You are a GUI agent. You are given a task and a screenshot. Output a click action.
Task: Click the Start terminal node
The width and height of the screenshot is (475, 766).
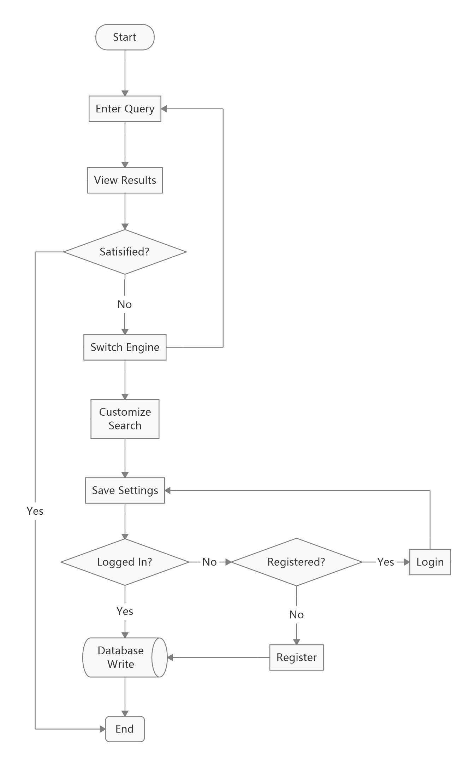125,37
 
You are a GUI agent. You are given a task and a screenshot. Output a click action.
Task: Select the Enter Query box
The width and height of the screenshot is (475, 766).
125,109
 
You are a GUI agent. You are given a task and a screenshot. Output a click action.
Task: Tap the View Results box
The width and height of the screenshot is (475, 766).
125,180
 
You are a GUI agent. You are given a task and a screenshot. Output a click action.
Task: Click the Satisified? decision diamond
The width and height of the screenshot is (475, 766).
125,252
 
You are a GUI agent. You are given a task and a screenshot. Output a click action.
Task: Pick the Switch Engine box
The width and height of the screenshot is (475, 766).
125,347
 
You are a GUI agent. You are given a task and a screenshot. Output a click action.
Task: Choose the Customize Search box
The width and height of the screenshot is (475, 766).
125,419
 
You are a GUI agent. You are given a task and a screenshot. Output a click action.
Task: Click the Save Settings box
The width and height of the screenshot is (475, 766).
125,491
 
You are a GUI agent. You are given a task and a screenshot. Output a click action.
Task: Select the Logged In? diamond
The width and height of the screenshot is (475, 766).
125,562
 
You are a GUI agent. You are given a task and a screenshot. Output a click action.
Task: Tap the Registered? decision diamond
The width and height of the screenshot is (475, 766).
296,562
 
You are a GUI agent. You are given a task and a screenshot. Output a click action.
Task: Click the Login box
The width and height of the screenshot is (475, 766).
430,562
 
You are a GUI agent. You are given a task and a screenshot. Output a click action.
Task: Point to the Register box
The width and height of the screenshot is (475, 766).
296,657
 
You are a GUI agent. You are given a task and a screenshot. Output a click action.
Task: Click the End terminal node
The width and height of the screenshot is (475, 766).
125,729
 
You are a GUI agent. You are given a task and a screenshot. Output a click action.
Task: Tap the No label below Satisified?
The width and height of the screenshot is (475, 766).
125,304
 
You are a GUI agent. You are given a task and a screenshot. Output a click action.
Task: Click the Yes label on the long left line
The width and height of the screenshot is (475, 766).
35,511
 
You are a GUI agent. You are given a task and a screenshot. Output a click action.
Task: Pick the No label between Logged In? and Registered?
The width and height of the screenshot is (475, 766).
209,562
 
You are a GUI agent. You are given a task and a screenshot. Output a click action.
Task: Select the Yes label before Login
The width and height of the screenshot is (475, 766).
386,562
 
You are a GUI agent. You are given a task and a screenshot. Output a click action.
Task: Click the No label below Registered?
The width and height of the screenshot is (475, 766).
296,615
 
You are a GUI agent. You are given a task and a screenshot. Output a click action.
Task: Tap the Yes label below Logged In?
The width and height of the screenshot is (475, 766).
125,611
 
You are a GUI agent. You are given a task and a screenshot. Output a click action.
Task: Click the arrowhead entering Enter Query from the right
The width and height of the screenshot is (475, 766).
164,109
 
